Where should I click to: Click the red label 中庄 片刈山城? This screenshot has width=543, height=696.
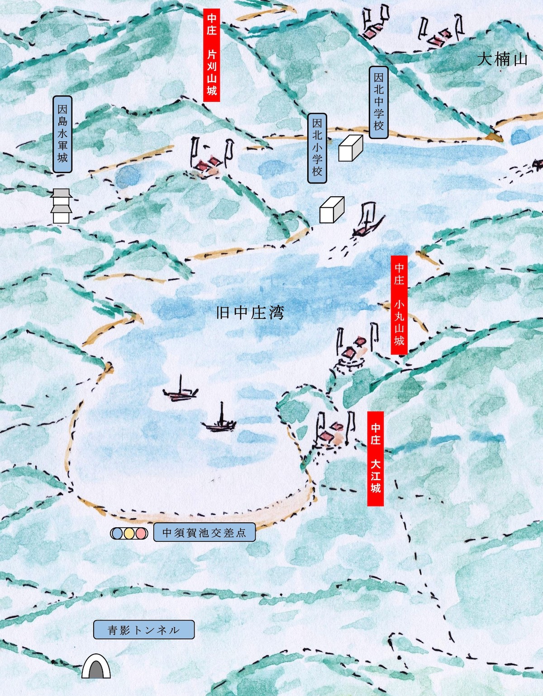coord(212,54)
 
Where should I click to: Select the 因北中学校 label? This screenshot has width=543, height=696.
coord(379,102)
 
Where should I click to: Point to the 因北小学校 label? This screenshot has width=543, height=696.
coord(317,148)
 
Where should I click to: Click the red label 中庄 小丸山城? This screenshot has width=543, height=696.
coord(399,305)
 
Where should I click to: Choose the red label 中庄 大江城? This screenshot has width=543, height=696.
coord(376,458)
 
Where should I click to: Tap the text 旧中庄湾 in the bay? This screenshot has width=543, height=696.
coord(250,312)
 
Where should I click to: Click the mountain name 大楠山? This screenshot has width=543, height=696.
coord(502,59)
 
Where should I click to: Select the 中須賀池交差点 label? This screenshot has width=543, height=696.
coord(204,533)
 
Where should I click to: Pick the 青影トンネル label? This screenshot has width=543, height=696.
coord(144,630)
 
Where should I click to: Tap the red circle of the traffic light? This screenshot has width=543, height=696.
coord(141,533)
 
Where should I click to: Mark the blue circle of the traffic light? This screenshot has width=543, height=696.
coord(117,533)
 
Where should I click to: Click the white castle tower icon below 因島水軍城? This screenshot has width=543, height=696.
coord(61,206)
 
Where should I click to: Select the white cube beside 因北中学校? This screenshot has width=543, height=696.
coord(351,148)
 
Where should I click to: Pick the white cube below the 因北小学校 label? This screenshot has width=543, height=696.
coord(332,210)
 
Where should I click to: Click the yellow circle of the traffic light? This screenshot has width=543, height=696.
coord(129,533)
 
